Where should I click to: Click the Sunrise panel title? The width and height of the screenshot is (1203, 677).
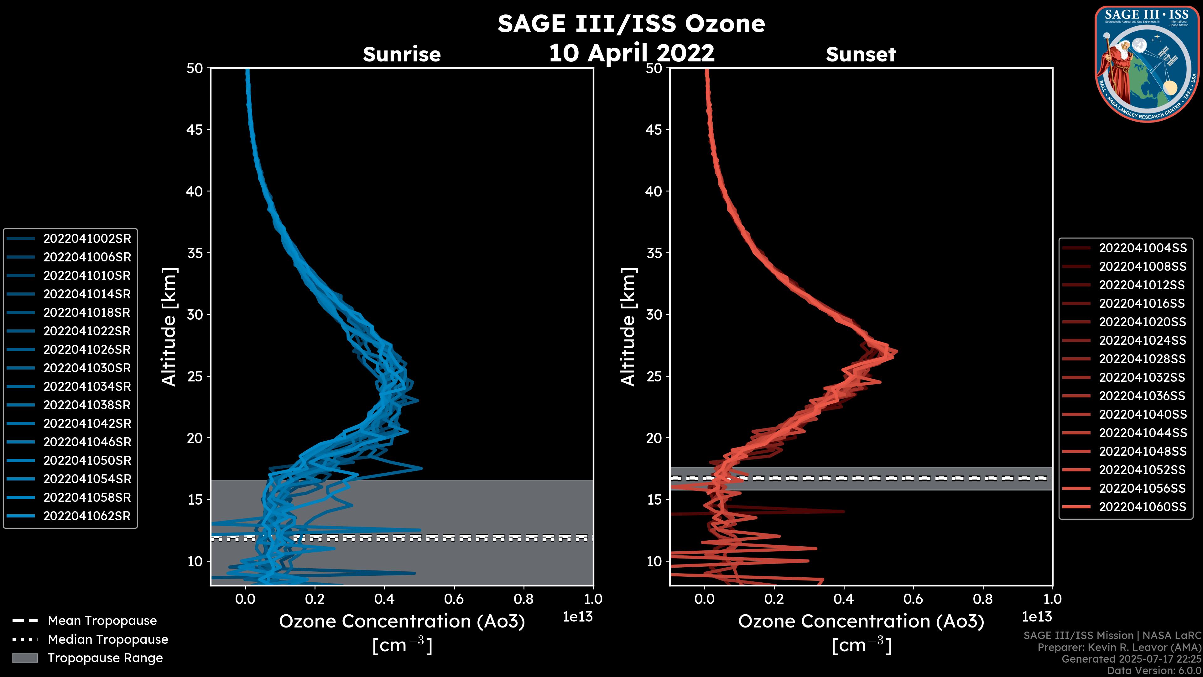(402, 54)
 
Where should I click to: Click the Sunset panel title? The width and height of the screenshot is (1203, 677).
(861, 54)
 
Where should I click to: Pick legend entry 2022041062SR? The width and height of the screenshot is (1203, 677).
(87, 516)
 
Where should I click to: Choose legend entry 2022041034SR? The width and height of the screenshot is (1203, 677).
(87, 387)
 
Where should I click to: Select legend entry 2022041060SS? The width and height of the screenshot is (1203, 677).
(1142, 507)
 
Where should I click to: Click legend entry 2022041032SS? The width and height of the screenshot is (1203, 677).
(1142, 377)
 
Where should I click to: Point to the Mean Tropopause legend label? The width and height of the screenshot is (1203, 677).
(102, 621)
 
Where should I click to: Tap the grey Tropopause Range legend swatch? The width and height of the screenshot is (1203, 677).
(25, 658)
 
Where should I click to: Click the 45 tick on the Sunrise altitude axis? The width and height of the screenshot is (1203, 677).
(195, 130)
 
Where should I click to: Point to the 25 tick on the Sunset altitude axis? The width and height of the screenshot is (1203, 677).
(654, 376)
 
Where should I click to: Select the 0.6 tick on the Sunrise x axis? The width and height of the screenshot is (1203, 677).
(454, 599)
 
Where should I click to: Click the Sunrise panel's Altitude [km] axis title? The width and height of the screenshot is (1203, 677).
(169, 327)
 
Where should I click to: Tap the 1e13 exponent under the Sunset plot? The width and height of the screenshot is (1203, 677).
(1037, 617)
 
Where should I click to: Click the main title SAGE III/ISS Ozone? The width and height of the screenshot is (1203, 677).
(631, 24)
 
